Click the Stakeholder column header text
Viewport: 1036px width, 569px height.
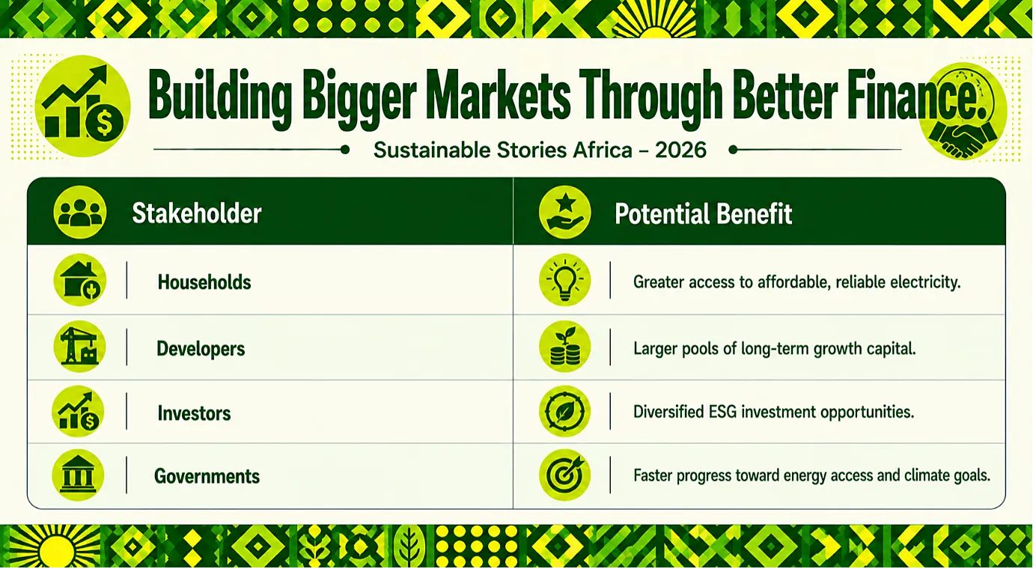[197, 213]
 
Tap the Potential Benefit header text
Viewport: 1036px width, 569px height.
[703, 213]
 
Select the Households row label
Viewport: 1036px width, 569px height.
[204, 282]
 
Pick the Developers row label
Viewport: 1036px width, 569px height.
[201, 348]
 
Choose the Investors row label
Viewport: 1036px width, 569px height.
[194, 413]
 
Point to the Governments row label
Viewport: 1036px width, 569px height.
[207, 476]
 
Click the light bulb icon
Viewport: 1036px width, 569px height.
[564, 280]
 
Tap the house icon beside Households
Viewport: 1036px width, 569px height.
[79, 280]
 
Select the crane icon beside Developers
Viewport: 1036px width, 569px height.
[79, 347]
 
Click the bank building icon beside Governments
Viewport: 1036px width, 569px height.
[78, 475]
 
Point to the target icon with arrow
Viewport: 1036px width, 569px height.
[564, 475]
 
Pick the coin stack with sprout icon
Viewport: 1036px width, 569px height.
[564, 347]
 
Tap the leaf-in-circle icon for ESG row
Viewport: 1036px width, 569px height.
[564, 411]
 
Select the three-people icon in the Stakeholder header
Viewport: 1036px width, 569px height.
[80, 213]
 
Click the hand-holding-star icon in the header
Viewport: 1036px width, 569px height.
[564, 213]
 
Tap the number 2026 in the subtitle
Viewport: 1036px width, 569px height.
[680, 150]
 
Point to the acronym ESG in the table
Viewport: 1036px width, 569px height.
[723, 411]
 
